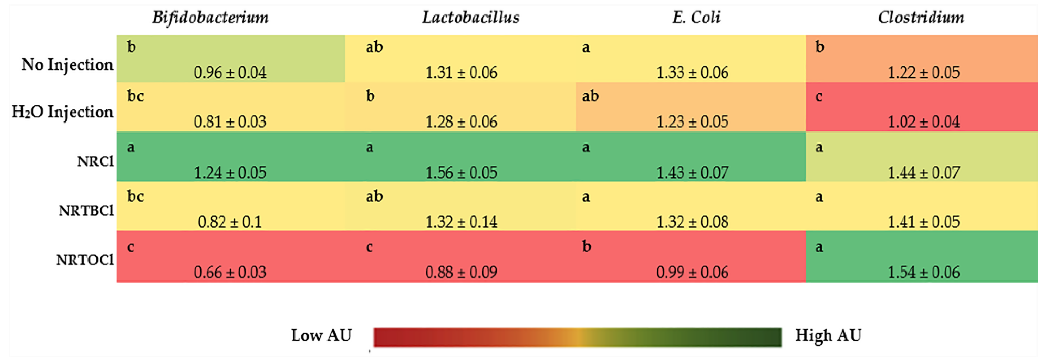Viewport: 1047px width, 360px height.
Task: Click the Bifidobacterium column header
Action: [x=210, y=17]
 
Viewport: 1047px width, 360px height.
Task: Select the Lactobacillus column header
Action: [x=470, y=17]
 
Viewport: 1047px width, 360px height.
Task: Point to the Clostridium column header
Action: [x=921, y=17]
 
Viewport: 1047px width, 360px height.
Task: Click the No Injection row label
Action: [x=67, y=64]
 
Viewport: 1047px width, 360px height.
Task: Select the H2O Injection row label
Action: [x=62, y=112]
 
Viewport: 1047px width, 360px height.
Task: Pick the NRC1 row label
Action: [x=95, y=161]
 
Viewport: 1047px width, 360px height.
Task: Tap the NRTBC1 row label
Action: [x=86, y=211]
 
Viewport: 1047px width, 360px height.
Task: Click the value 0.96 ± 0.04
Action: [x=230, y=72]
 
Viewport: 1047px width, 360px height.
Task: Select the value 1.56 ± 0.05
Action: [x=461, y=172]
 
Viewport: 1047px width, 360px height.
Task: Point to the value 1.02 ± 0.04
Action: [x=923, y=122]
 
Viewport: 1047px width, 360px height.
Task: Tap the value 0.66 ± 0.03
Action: [x=230, y=272]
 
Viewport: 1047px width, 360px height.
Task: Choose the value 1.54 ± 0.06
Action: [x=923, y=272]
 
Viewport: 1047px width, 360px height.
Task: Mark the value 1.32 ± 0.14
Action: [x=461, y=222]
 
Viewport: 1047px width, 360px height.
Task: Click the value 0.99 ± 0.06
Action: [x=692, y=272]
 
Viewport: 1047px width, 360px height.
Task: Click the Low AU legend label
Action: [x=321, y=335]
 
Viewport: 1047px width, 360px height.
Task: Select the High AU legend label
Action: [x=828, y=335]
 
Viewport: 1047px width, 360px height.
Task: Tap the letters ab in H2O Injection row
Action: [x=590, y=96]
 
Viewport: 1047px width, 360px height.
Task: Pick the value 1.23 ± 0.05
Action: [x=692, y=122]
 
